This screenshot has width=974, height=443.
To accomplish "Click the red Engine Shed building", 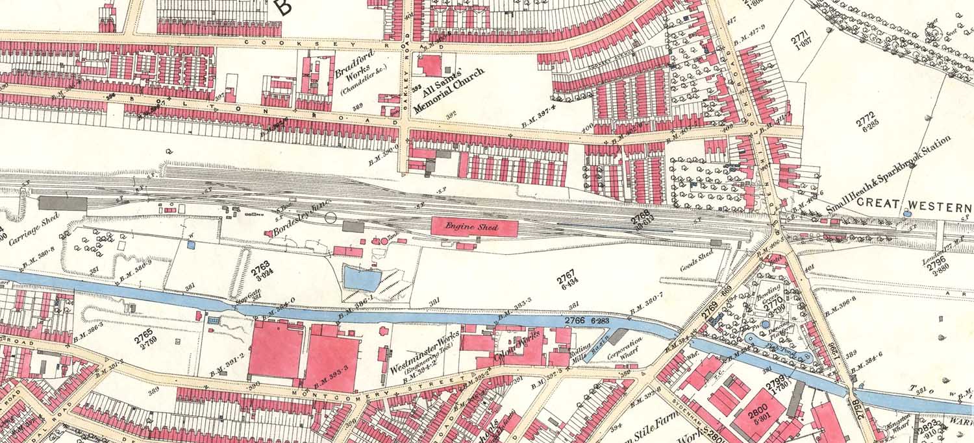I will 475,227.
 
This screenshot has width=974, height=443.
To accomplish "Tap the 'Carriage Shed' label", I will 35,228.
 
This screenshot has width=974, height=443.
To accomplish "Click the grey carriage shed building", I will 62,203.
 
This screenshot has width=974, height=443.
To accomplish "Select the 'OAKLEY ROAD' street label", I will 407,84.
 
